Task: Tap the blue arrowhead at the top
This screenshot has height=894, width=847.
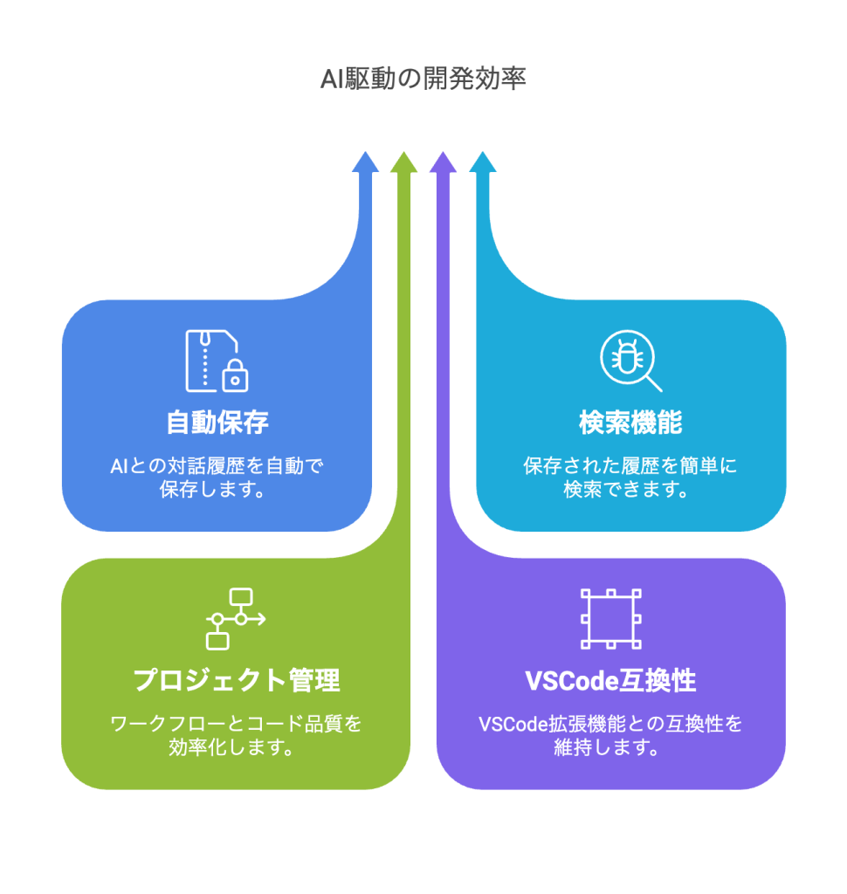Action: pyautogui.click(x=366, y=162)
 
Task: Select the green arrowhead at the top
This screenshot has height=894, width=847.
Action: pyautogui.click(x=403, y=162)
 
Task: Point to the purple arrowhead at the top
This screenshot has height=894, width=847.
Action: pyautogui.click(x=444, y=162)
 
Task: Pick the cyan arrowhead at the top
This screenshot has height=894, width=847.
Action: pyautogui.click(x=483, y=162)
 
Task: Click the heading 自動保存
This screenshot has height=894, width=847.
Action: pyautogui.click(x=217, y=423)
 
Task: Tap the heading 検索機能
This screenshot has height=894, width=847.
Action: pyautogui.click(x=630, y=423)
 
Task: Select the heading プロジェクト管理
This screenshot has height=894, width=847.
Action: pyautogui.click(x=236, y=680)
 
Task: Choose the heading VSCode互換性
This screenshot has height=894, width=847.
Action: pyautogui.click(x=610, y=680)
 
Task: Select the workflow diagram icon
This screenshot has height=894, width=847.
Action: pyautogui.click(x=235, y=618)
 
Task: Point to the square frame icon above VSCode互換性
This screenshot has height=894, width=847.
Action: pyautogui.click(x=610, y=618)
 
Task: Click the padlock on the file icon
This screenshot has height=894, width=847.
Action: pyautogui.click(x=235, y=377)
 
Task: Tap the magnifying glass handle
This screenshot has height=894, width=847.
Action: pyautogui.click(x=653, y=382)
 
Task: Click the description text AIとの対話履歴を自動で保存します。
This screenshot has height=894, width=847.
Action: pyautogui.click(x=217, y=478)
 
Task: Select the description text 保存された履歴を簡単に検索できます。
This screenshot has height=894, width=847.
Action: pyautogui.click(x=630, y=478)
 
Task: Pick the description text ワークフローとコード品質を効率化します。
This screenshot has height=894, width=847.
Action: pyautogui.click(x=236, y=735)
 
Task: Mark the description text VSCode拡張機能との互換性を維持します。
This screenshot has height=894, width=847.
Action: pyautogui.click(x=610, y=735)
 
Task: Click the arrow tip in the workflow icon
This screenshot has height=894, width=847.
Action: pyautogui.click(x=262, y=618)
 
